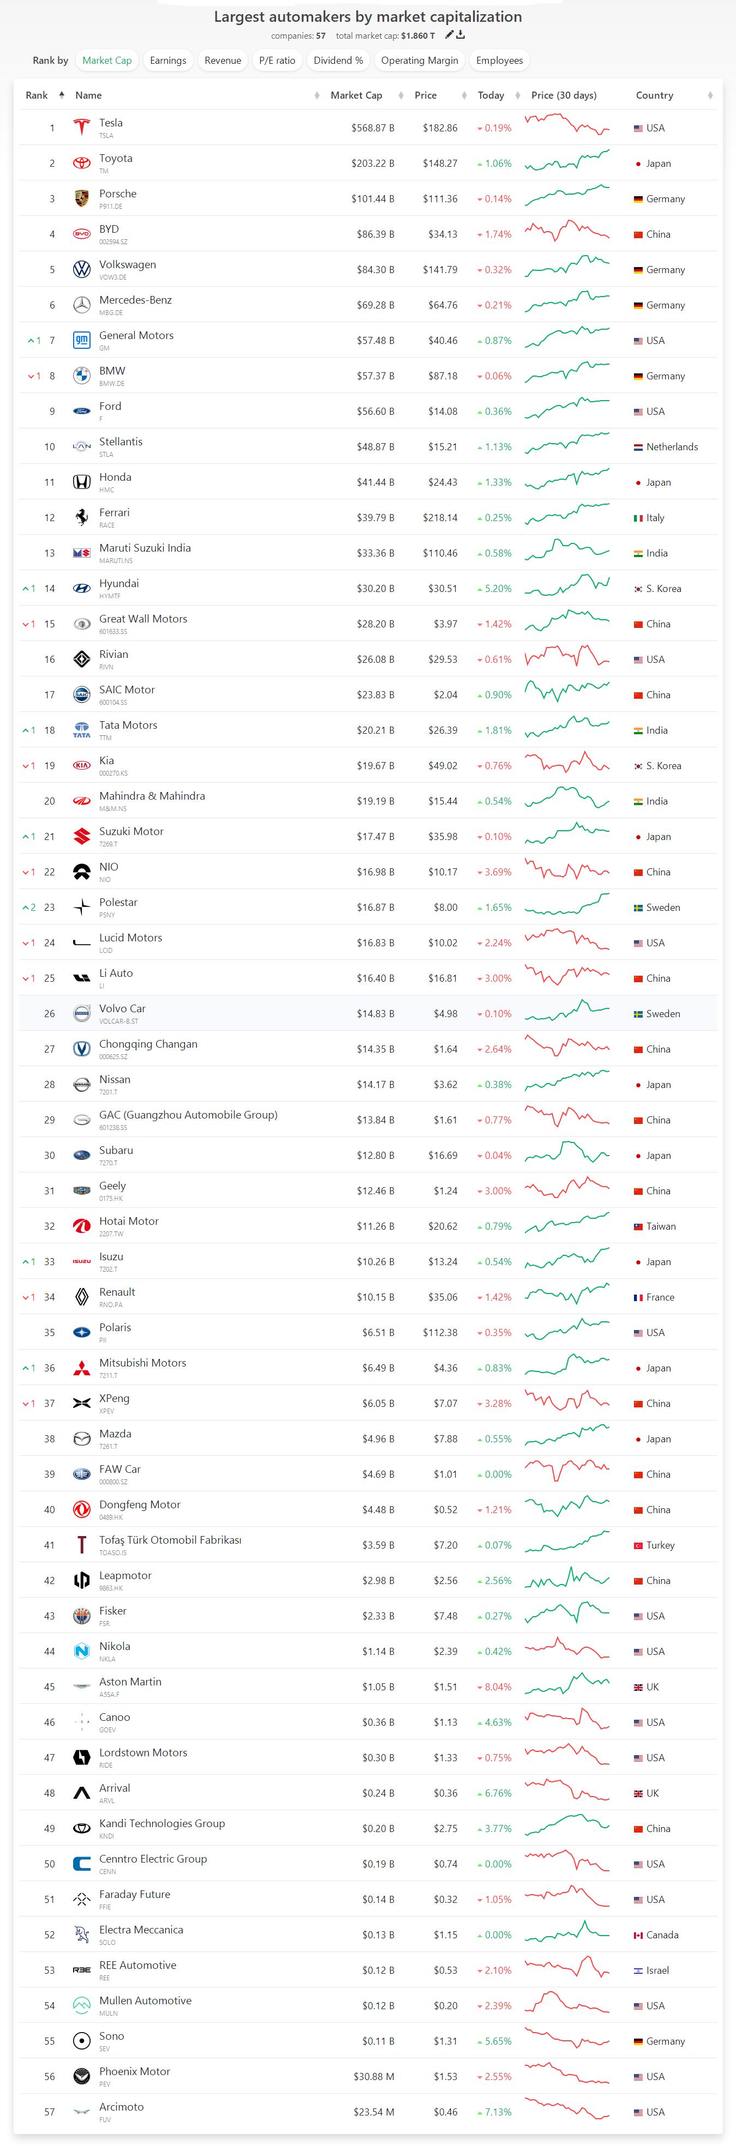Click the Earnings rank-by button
(x=167, y=60)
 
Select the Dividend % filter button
(x=338, y=60)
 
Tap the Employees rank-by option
(x=499, y=60)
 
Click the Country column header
(x=654, y=95)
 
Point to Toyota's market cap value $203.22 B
(x=373, y=164)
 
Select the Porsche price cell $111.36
(x=440, y=199)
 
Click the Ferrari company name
(x=114, y=512)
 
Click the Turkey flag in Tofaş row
(x=638, y=1545)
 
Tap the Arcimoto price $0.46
(x=445, y=2112)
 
